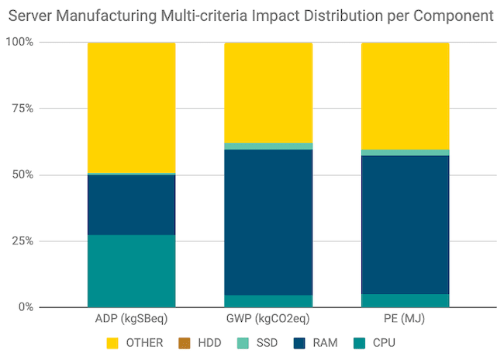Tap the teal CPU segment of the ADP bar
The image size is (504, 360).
pos(131,271)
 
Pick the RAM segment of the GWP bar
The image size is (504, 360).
pos(268,222)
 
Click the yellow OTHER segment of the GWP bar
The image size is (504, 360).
pos(268,92)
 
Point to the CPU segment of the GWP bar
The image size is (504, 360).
pos(268,301)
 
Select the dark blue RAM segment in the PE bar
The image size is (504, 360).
pos(406,225)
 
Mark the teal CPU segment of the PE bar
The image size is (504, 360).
pos(406,300)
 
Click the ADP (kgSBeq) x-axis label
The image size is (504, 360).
pos(131,320)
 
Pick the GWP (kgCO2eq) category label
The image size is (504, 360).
pos(268,320)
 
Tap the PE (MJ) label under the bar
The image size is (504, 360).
pos(406,320)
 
